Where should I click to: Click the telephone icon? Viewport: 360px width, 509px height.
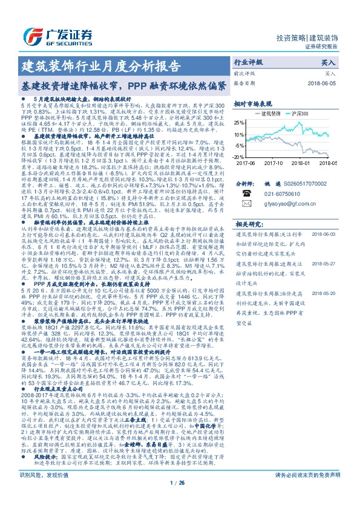246,192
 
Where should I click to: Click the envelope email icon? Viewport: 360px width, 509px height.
246,204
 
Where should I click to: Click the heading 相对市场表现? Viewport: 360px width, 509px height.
253,103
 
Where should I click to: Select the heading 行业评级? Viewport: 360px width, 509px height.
249,62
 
